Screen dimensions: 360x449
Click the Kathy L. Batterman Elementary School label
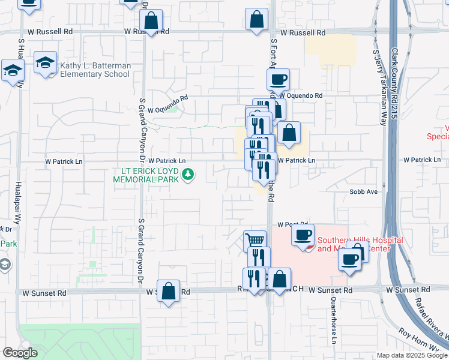(94, 69)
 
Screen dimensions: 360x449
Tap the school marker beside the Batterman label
(45, 63)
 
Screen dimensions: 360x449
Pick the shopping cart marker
(255, 241)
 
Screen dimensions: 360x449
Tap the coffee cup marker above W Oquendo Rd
(279, 79)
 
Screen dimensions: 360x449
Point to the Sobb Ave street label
(363, 192)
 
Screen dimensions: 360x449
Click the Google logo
(20, 353)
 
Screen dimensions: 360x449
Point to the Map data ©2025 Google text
(411, 355)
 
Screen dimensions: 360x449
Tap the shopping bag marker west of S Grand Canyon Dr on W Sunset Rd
(169, 291)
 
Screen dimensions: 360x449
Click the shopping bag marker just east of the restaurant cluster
(289, 133)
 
